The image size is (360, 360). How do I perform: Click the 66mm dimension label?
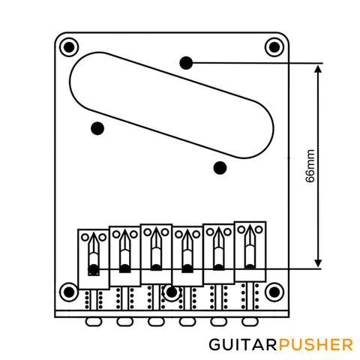310,166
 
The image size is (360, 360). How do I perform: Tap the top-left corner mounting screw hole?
69,47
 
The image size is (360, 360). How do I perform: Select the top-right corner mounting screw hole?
274,47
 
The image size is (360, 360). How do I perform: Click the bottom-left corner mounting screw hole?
69,292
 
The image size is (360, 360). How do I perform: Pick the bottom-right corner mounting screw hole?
274,292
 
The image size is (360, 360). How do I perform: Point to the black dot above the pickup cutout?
186,63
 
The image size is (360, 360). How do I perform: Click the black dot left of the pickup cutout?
97,128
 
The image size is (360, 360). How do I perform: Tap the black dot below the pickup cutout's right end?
220,168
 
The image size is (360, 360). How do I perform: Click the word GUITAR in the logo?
243,345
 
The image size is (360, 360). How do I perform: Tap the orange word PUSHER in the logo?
316,345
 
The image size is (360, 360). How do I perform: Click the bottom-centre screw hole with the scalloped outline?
172,292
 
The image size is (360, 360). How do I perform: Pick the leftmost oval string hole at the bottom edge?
94,322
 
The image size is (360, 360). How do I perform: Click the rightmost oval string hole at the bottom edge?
250,322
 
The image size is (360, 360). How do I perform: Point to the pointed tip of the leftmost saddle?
94,232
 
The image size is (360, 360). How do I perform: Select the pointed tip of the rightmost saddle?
250,225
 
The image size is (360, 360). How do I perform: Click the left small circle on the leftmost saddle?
85,237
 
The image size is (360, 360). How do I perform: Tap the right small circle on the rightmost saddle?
259,229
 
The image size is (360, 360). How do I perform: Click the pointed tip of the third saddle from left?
156,228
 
